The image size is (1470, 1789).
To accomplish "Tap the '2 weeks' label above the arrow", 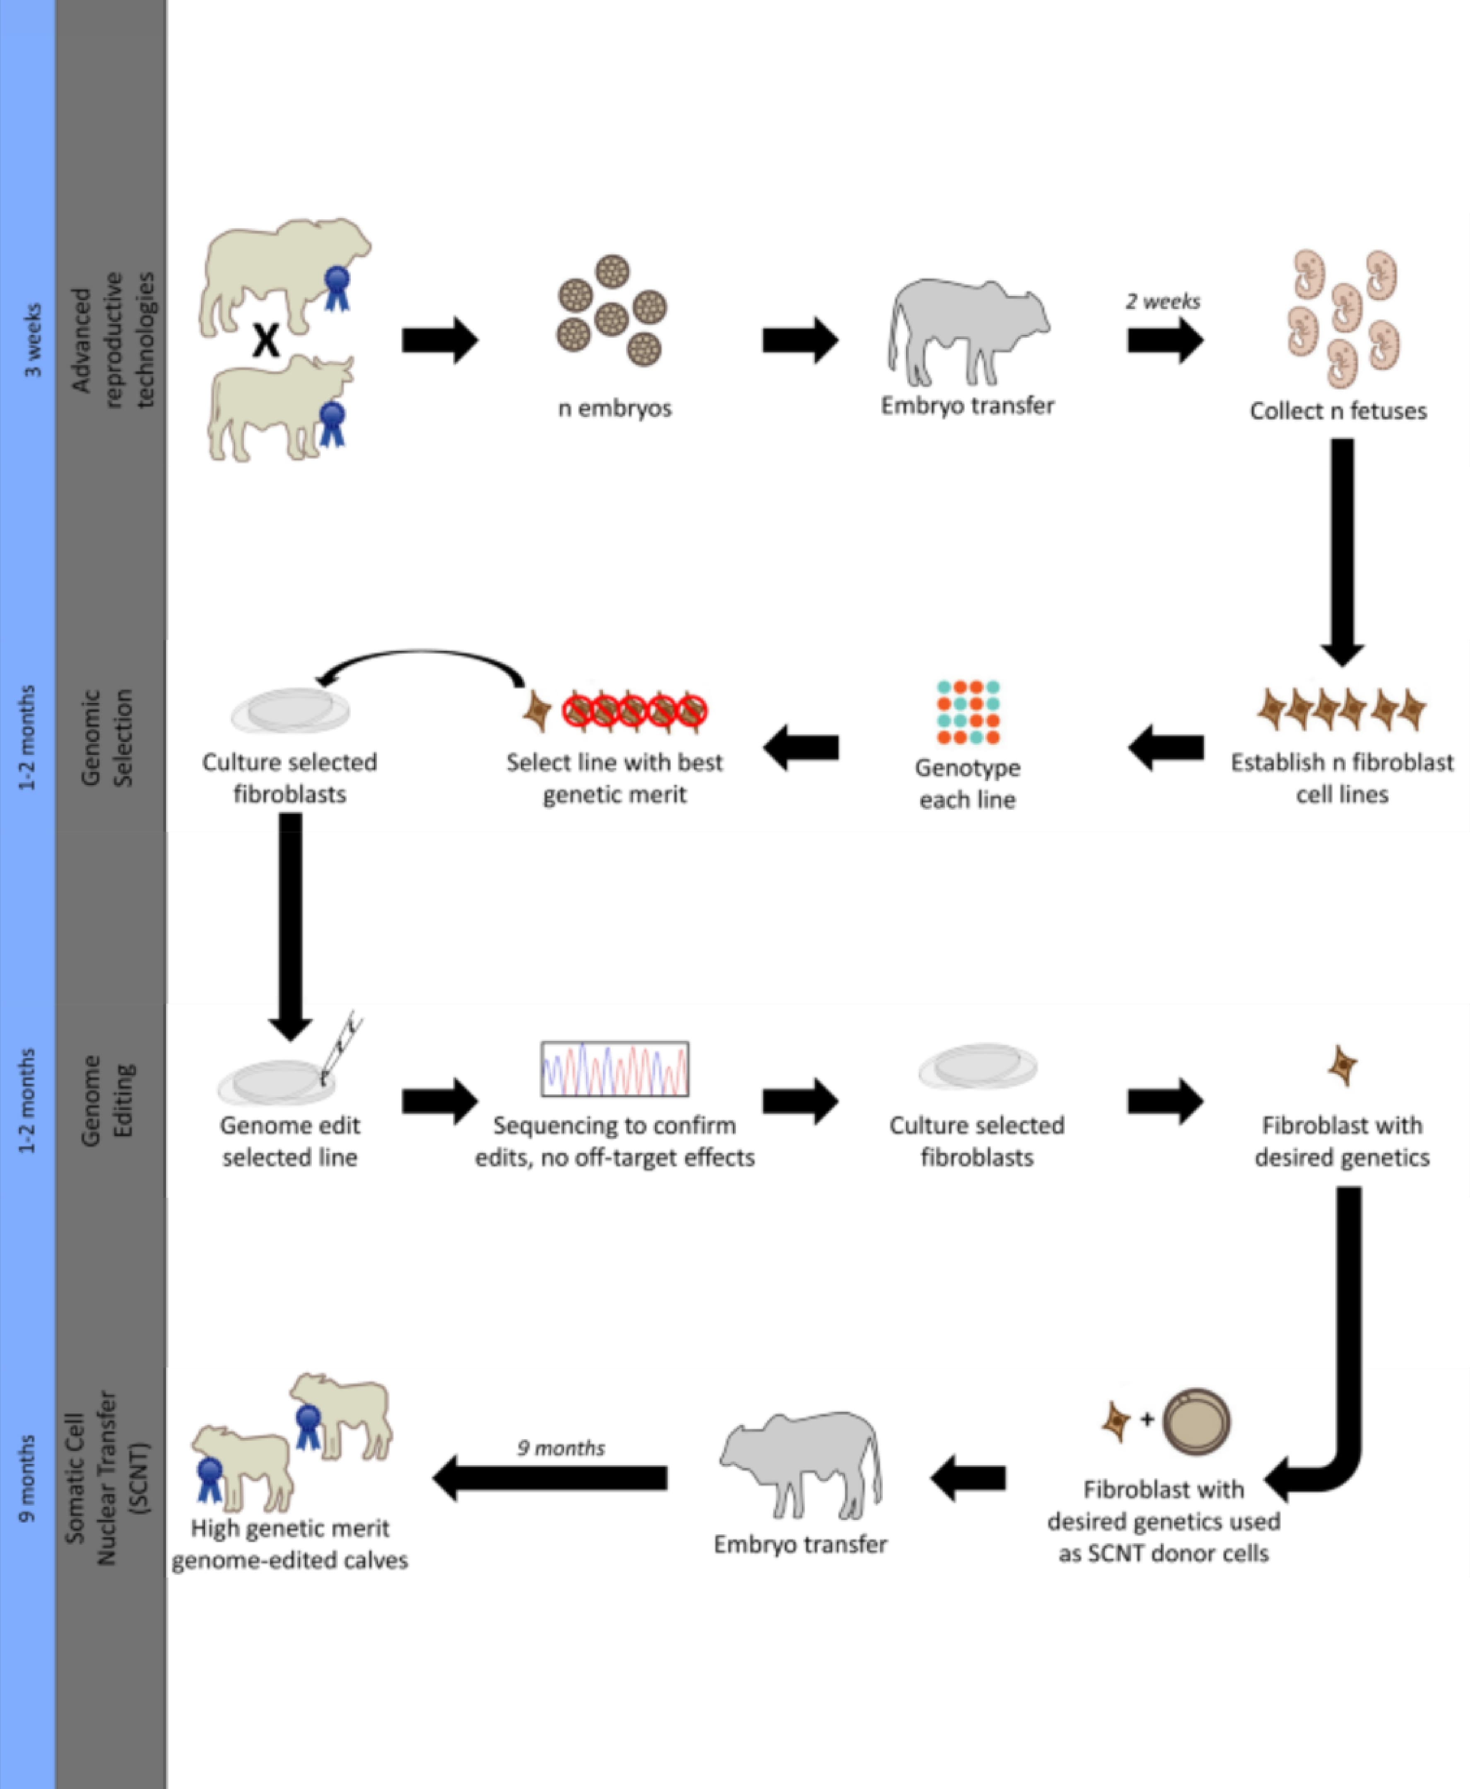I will tap(1163, 301).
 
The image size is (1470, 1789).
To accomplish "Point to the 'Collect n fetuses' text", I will tap(1338, 412).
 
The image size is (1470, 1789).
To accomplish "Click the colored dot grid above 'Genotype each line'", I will tap(968, 712).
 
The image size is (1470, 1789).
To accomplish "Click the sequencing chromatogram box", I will tap(615, 1069).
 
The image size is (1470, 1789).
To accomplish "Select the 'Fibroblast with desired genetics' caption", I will tap(1342, 1141).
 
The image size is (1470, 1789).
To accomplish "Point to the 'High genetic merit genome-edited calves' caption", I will tap(289, 1544).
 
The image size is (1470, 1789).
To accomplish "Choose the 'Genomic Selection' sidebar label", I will tap(107, 737).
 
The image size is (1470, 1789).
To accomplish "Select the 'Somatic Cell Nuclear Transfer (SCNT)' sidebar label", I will tap(107, 1476).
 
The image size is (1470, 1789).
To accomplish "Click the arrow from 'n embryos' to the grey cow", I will tap(799, 340).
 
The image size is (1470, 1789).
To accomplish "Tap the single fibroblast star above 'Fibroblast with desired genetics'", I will tap(1342, 1065).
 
